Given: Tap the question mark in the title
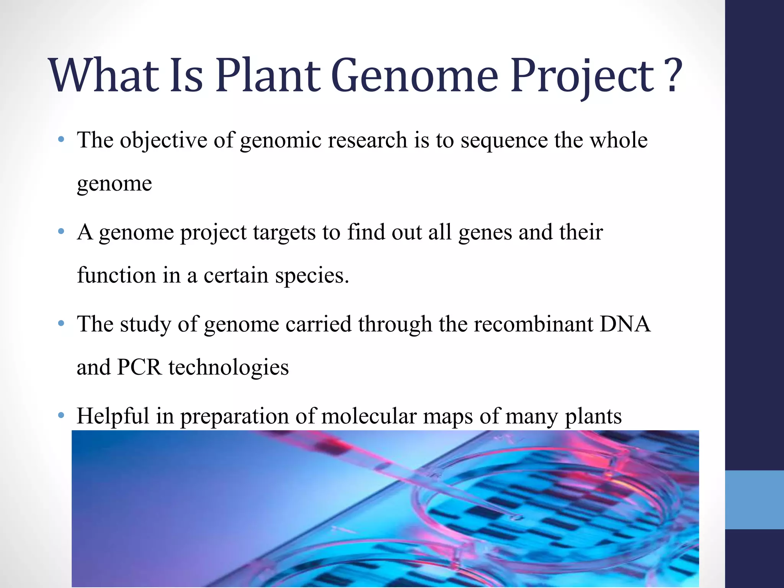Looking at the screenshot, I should point(673,75).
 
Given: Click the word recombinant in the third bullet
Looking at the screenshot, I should point(533,324).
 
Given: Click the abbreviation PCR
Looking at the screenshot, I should point(140,367).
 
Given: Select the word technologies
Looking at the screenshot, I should point(229,368).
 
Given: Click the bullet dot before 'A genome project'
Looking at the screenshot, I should point(61,232).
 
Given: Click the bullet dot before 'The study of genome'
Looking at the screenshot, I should point(61,324).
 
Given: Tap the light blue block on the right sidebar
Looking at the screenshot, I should point(754,500).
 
